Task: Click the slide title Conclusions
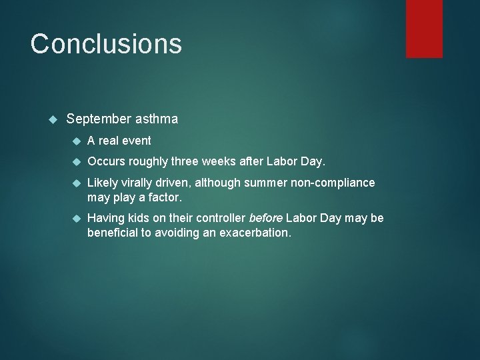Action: (x=106, y=44)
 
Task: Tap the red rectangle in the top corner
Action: (x=425, y=28)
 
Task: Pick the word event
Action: (x=135, y=141)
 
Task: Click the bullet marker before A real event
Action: (x=75, y=141)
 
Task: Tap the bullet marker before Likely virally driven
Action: (x=75, y=183)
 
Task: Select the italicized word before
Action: (x=265, y=218)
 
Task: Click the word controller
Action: (x=221, y=218)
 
